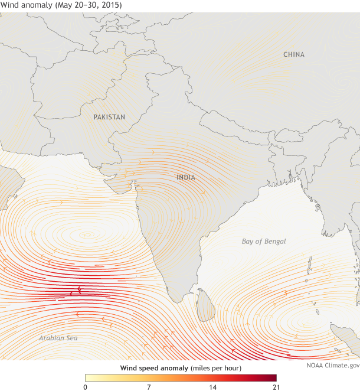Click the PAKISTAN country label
coord(109,117)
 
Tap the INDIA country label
coord(186,177)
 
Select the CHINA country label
coord(294,55)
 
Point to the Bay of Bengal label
coord(263,242)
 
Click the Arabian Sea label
coord(58,338)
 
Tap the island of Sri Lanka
coord(205,305)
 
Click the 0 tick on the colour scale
coord(86,387)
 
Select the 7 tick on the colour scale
coord(149,387)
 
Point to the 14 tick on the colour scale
coord(212,387)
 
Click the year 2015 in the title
coord(112,5)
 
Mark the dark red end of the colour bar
coord(273,377)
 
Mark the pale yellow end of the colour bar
coord(89,377)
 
